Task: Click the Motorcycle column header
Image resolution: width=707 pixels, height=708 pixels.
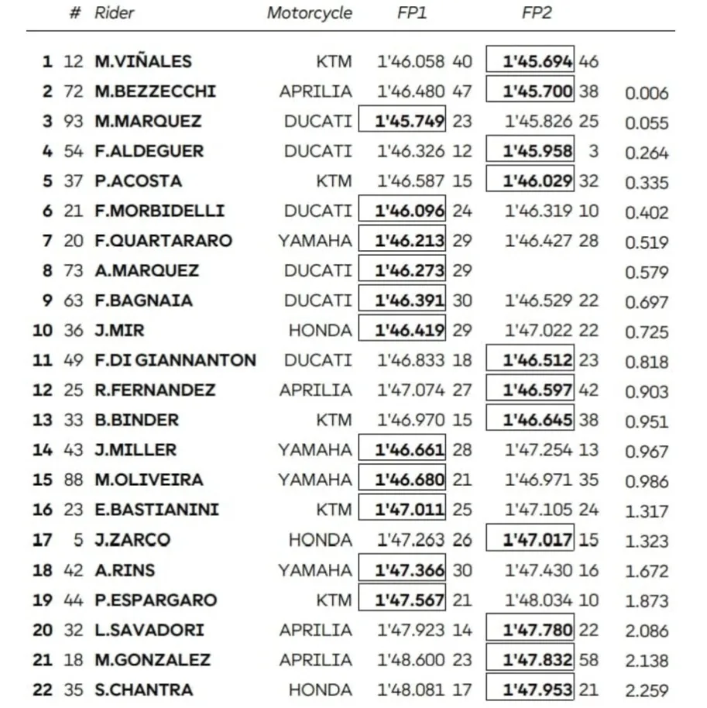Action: (309, 13)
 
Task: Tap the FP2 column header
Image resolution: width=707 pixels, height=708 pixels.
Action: (537, 13)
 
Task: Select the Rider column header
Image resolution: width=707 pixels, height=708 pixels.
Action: (114, 13)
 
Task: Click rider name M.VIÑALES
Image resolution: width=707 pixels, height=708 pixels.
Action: (143, 61)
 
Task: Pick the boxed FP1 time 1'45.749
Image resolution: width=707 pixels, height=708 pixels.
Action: (410, 121)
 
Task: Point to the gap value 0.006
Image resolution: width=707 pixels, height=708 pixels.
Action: (647, 93)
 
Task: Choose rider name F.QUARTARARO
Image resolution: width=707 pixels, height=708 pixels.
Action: (163, 240)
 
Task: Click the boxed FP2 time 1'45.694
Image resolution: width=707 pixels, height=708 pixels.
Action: (537, 61)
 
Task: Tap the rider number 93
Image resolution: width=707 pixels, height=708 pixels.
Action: (74, 121)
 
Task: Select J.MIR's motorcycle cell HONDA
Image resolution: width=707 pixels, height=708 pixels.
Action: (320, 330)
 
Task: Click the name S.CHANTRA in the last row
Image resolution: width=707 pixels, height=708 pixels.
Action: (144, 689)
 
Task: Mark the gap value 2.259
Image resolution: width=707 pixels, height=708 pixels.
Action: (647, 690)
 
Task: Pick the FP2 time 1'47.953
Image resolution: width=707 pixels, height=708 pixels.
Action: (537, 689)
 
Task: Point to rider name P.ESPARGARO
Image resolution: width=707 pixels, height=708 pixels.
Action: (156, 600)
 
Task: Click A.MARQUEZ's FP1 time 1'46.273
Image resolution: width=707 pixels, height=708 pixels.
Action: (410, 270)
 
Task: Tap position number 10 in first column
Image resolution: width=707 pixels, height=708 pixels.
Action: (43, 330)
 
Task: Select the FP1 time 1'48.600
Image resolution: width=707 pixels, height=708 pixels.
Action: (411, 660)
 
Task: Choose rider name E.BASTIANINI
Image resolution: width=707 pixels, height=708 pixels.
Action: (157, 510)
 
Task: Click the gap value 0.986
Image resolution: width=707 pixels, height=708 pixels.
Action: (647, 481)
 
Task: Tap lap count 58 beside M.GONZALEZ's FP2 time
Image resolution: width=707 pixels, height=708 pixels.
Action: (589, 660)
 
